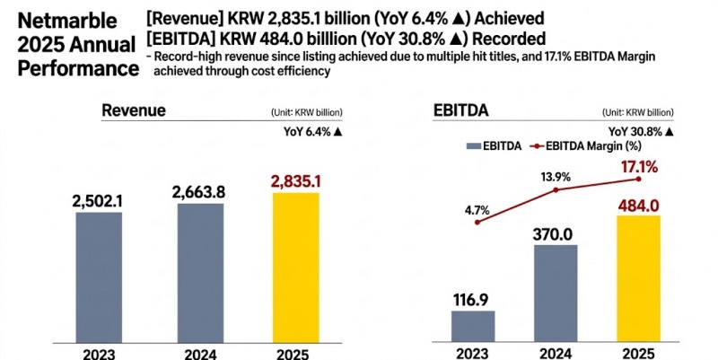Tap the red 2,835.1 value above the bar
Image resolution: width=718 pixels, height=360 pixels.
[308, 181]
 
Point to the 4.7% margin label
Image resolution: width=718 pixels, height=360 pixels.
[477, 210]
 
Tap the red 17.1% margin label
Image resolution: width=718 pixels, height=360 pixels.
[636, 166]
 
